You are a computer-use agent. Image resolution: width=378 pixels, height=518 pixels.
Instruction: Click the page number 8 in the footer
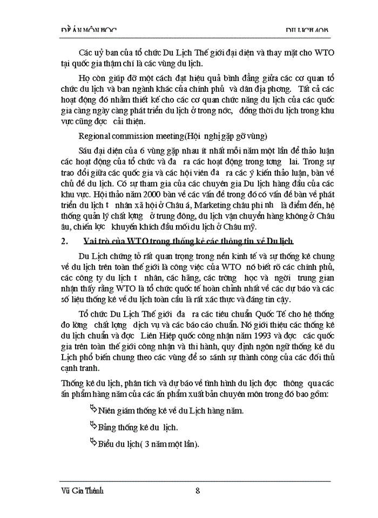tap(198, 490)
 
